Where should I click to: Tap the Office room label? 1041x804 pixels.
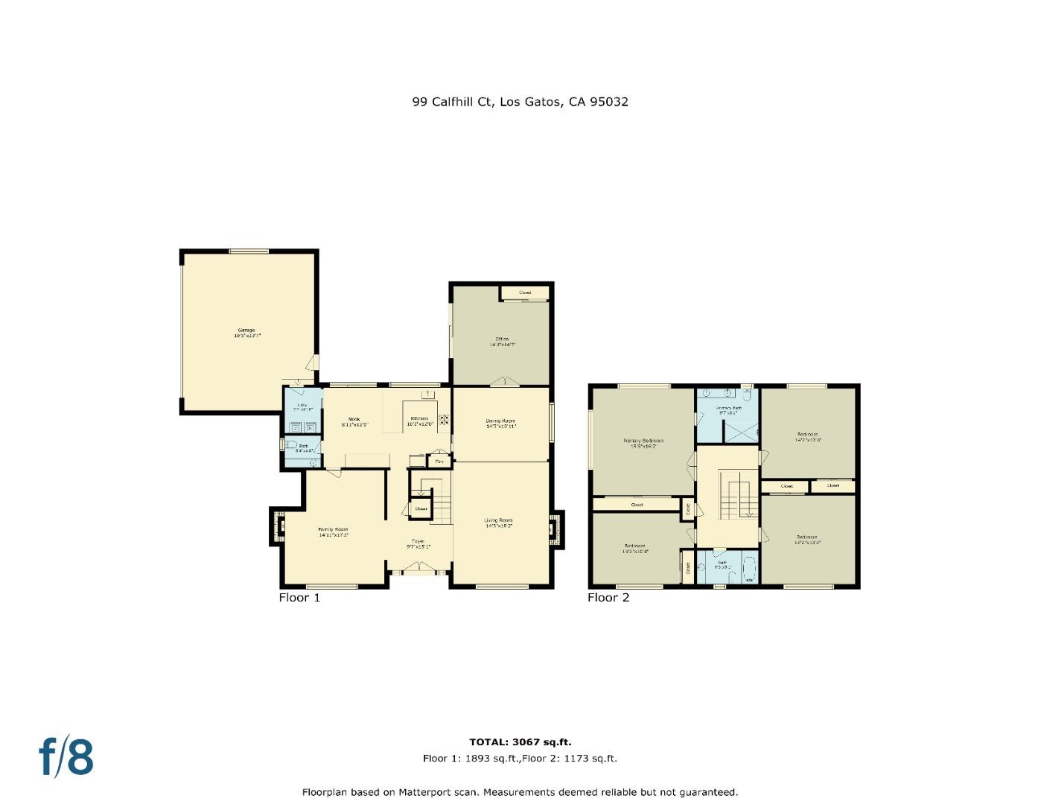tap(502, 342)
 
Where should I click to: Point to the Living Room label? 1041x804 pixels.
tap(498, 523)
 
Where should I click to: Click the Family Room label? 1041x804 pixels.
tap(333, 532)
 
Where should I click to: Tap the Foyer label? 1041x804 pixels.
tap(418, 543)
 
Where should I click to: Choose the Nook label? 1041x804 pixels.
tap(354, 421)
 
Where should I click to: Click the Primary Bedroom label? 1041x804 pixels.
tap(643, 443)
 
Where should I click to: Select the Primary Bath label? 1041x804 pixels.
tap(728, 409)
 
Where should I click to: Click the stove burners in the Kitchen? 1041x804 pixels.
tap(444, 420)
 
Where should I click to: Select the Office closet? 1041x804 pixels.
tap(525, 293)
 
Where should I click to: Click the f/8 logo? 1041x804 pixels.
tap(66, 757)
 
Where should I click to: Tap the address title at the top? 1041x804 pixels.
tap(520, 102)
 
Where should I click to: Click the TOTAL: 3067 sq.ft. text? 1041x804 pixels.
tap(520, 742)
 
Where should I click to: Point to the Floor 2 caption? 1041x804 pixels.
tap(608, 597)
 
